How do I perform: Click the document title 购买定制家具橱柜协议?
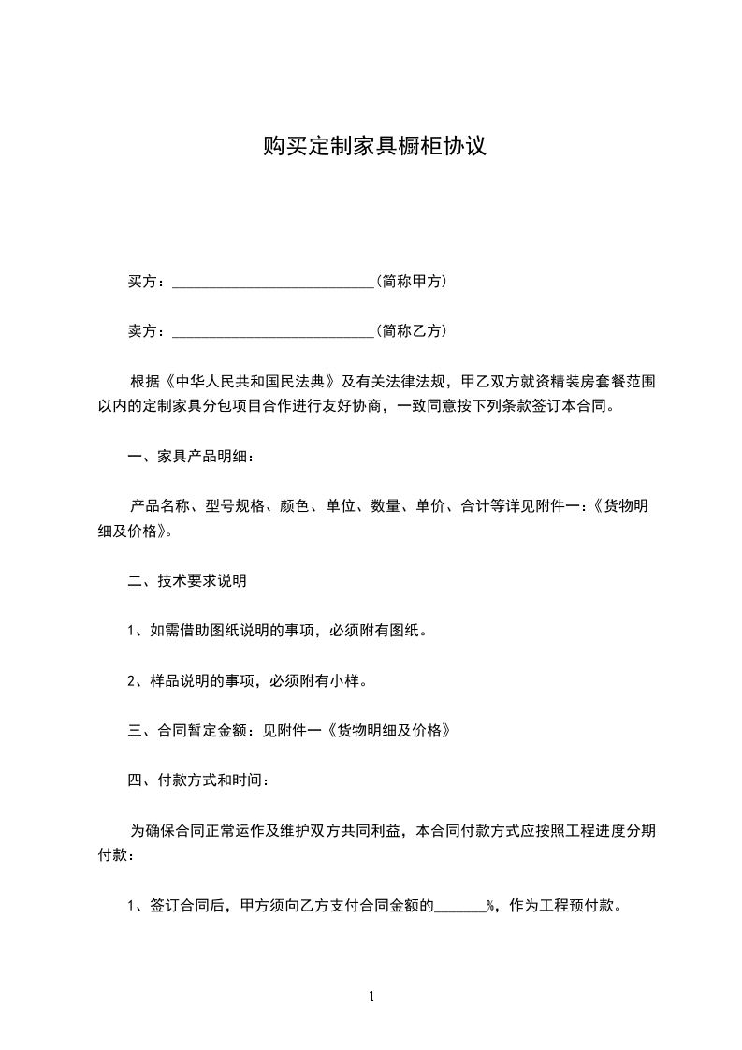click(373, 147)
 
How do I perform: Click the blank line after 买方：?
click(273, 281)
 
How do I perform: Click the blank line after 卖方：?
click(273, 330)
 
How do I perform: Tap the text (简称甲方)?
click(410, 281)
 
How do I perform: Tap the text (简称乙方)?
click(410, 330)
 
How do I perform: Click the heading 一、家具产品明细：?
click(190, 457)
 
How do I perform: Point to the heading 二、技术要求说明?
click(186, 581)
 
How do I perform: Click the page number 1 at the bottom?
click(371, 996)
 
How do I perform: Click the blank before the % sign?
click(460, 905)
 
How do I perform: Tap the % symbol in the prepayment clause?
click(490, 905)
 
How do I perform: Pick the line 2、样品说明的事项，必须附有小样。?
click(246, 680)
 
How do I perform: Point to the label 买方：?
click(147, 281)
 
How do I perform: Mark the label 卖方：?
click(147, 330)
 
